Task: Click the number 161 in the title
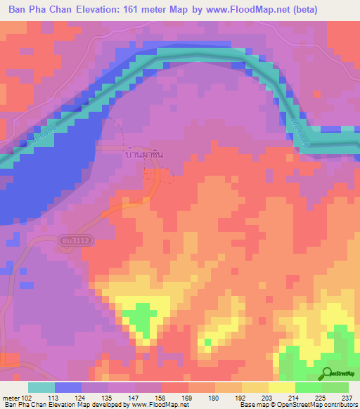coord(125,10)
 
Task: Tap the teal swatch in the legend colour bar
coord(41,387)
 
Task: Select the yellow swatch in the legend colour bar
coord(282,387)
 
